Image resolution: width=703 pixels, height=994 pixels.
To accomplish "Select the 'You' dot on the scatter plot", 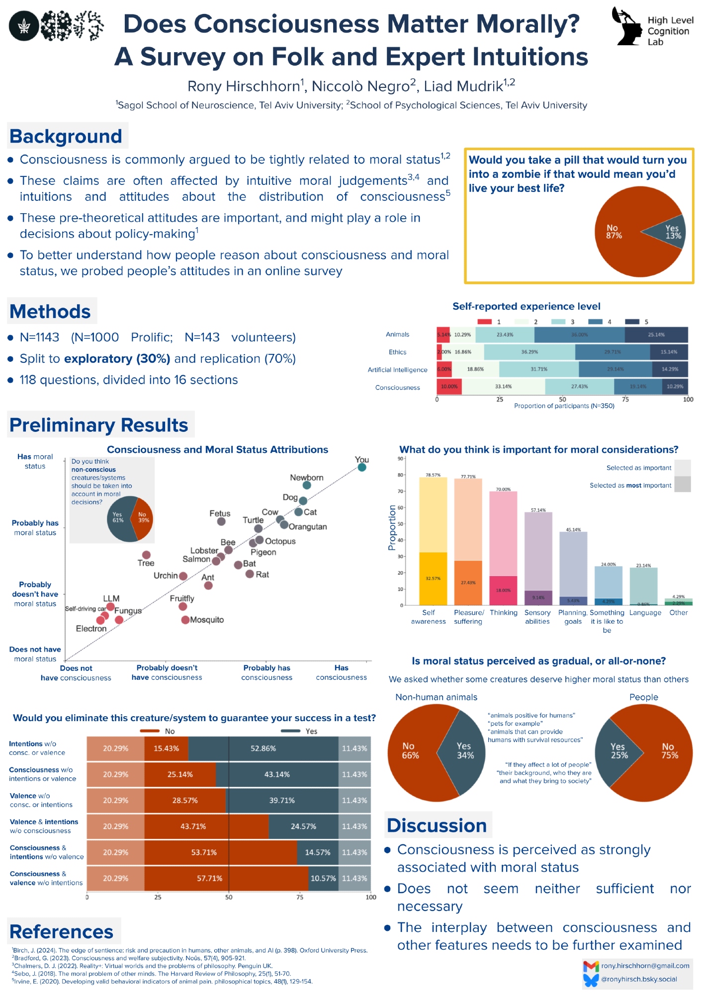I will click(x=362, y=467).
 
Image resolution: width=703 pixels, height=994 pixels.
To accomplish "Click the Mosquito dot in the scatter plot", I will click(x=185, y=620).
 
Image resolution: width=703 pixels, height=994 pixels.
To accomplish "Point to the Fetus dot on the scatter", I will click(x=221, y=521).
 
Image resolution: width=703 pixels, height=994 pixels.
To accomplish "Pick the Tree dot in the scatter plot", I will click(x=146, y=555).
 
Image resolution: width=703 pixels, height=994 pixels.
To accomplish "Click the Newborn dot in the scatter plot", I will click(x=307, y=485).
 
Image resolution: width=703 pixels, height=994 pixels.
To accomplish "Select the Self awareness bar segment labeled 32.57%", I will click(x=433, y=579).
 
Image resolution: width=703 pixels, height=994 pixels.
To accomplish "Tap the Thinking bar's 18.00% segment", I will click(x=503, y=590).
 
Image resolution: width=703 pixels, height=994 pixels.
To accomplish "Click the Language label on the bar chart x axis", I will click(x=645, y=613).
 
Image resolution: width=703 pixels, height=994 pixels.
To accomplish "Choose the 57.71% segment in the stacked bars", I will click(x=226, y=878).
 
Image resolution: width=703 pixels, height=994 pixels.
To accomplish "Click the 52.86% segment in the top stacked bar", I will click(x=263, y=748).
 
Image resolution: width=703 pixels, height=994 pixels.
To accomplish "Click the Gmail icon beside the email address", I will click(x=591, y=966).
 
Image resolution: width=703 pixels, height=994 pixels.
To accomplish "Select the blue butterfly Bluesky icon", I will click(x=591, y=980).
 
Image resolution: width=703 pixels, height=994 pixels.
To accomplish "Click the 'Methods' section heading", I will click(x=50, y=312).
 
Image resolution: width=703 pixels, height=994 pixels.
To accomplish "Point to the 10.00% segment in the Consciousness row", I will click(x=449, y=387).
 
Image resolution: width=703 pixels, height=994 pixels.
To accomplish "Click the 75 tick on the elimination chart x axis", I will click(x=300, y=897).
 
